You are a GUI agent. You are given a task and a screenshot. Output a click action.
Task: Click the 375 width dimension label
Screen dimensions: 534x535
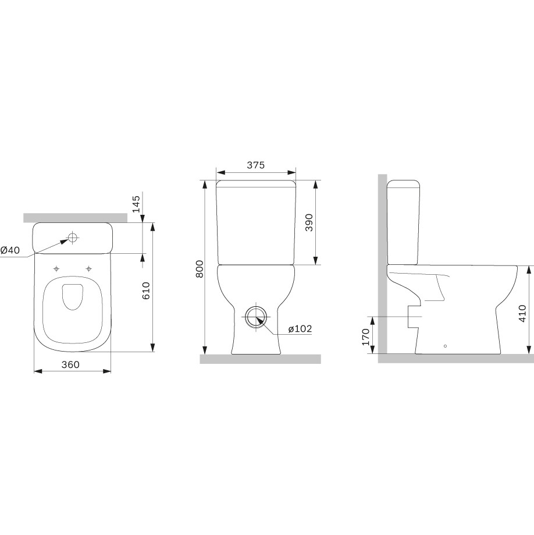256,165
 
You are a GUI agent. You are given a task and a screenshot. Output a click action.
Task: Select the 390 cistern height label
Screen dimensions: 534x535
309,222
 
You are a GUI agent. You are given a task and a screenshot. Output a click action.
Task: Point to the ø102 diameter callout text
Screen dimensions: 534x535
300,328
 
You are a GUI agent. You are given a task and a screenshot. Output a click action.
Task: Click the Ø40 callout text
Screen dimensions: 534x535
10,250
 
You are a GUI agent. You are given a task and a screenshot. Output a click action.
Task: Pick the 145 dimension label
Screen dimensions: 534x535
136,204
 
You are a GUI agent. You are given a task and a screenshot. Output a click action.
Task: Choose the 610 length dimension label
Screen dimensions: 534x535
146,290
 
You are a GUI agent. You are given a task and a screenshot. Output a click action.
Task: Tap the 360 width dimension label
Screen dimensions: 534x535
70,364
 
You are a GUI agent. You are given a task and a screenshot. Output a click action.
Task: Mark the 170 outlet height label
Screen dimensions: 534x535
366,336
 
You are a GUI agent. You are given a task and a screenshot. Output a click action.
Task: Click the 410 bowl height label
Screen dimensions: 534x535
522,314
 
